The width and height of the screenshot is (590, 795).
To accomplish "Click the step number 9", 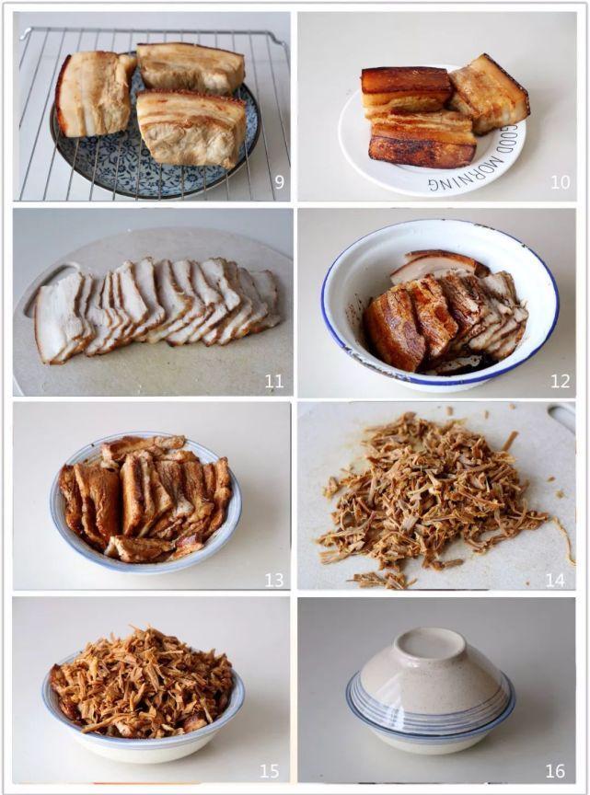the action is click(x=279, y=182).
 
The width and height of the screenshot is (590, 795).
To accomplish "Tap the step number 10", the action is click(x=560, y=182).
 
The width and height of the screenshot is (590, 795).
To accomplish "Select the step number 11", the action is click(x=274, y=381).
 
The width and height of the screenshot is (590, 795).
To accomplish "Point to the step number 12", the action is click(x=560, y=381).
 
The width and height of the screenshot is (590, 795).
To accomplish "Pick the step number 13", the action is click(x=274, y=580).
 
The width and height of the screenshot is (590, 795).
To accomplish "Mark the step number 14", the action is click(x=555, y=580).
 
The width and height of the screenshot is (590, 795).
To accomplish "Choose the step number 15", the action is click(x=270, y=771).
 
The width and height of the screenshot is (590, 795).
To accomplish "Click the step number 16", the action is click(x=555, y=771).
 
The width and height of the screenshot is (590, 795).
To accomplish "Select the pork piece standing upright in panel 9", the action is click(x=94, y=94).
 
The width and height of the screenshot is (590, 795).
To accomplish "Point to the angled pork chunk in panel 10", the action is click(x=489, y=93).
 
